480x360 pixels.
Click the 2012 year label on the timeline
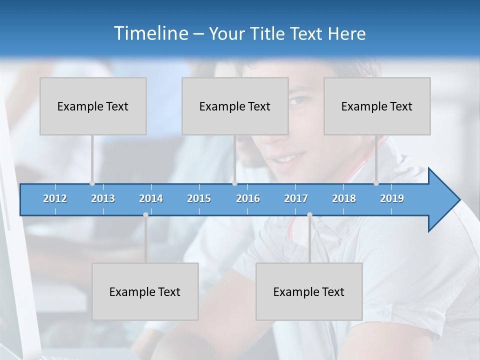click(x=55, y=198)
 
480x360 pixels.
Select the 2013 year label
click(x=103, y=198)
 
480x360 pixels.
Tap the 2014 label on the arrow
click(x=151, y=198)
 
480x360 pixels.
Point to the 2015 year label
click(x=199, y=198)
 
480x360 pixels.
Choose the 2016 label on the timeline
click(x=248, y=198)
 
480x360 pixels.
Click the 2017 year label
click(x=296, y=198)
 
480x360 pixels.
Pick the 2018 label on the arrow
click(x=344, y=198)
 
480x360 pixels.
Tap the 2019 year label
click(x=392, y=198)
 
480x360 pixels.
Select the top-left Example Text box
click(x=93, y=106)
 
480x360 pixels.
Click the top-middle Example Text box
click(x=235, y=106)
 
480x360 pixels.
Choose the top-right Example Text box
click(x=377, y=106)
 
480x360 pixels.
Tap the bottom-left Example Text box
click(x=145, y=291)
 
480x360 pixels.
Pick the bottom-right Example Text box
click(x=309, y=291)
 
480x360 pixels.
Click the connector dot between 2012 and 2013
click(x=92, y=183)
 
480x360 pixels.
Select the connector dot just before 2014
click(x=145, y=214)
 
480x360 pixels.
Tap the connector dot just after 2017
click(x=309, y=214)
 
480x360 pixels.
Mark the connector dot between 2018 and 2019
click(x=376, y=183)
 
